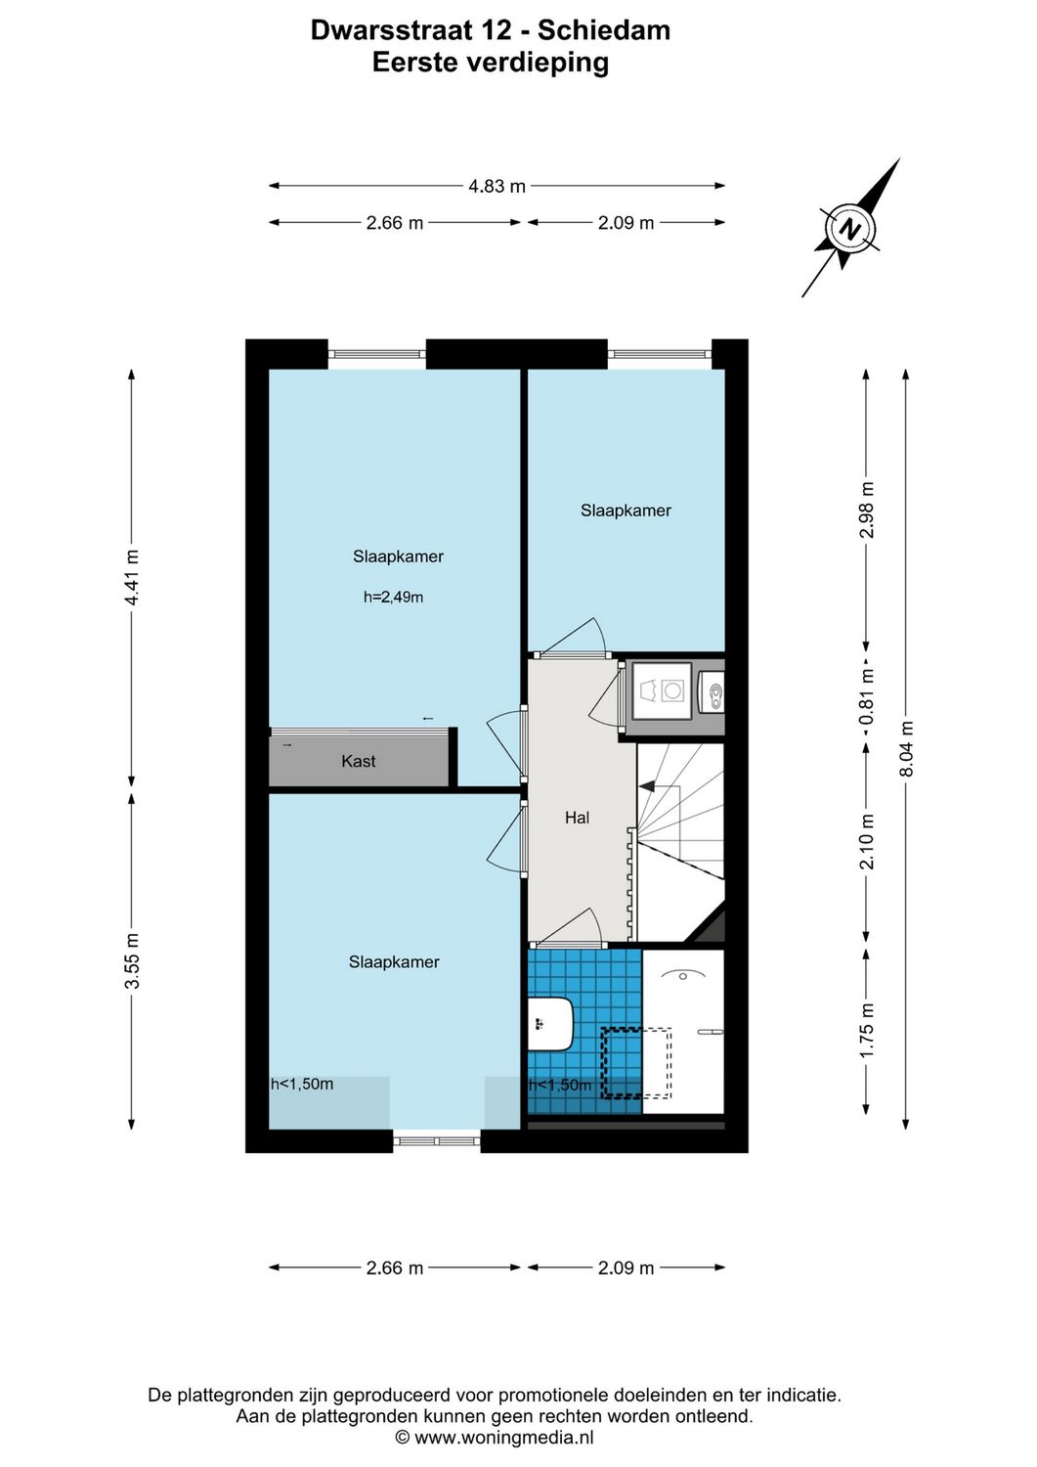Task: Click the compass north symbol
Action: pyautogui.click(x=850, y=231)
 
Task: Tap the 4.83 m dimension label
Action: pyautogui.click(x=497, y=186)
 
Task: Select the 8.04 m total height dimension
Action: pyautogui.click(x=906, y=749)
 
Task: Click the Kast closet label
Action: pyautogui.click(x=358, y=761)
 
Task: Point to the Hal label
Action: pyautogui.click(x=577, y=818)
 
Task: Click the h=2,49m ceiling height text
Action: pyautogui.click(x=393, y=597)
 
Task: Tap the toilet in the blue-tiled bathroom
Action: pyautogui.click(x=551, y=1024)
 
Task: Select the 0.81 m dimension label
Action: pyautogui.click(x=866, y=697)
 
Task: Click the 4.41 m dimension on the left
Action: pyautogui.click(x=132, y=577)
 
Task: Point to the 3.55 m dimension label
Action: pyautogui.click(x=132, y=960)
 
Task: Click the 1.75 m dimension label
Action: pyautogui.click(x=866, y=1030)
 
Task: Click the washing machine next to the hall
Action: pyautogui.click(x=662, y=690)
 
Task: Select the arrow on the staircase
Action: pyautogui.click(x=647, y=785)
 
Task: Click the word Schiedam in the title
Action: pyautogui.click(x=603, y=30)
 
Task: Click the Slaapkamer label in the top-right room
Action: pyautogui.click(x=626, y=511)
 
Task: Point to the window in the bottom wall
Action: pyautogui.click(x=437, y=1139)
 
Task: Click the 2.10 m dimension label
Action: pyautogui.click(x=866, y=842)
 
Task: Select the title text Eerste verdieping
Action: pyautogui.click(x=491, y=63)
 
